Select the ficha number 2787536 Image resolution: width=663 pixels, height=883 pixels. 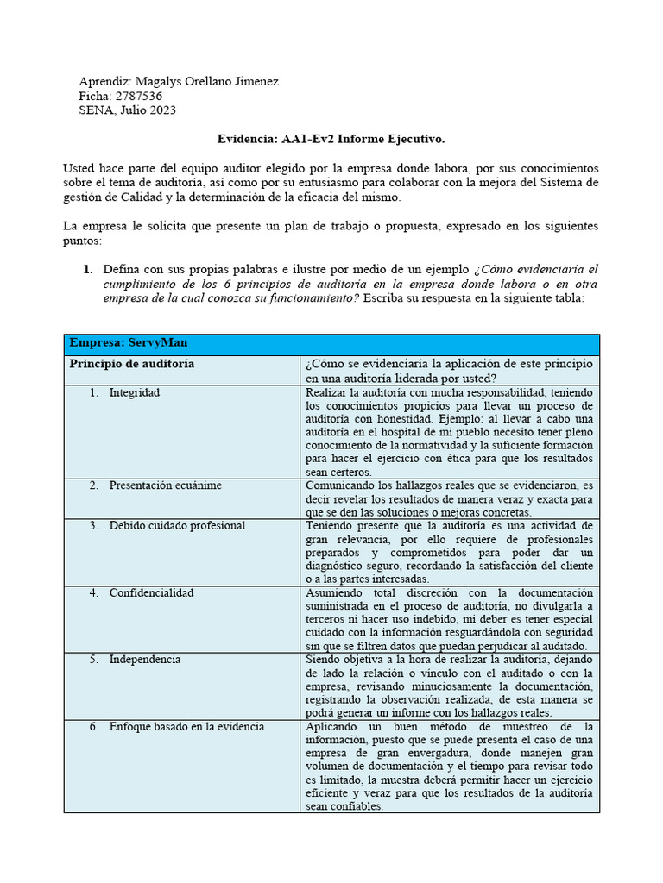tap(138, 96)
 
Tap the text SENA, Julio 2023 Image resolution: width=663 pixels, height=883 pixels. tap(128, 110)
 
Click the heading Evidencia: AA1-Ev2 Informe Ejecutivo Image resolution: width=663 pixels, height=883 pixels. tap(331, 138)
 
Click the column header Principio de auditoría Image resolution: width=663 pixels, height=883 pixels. tap(131, 364)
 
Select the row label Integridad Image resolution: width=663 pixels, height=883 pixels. tap(134, 392)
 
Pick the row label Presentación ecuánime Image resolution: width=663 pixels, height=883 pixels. tap(165, 485)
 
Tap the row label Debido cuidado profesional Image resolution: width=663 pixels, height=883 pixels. tap(177, 525)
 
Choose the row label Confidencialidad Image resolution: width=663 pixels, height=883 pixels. tap(151, 592)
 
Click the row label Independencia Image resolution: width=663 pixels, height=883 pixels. tap(144, 659)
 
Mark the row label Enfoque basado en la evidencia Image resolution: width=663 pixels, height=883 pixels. tap(186, 726)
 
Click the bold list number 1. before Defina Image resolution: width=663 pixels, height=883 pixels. tap(88, 270)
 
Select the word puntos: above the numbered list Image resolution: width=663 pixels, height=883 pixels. tap(83, 241)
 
